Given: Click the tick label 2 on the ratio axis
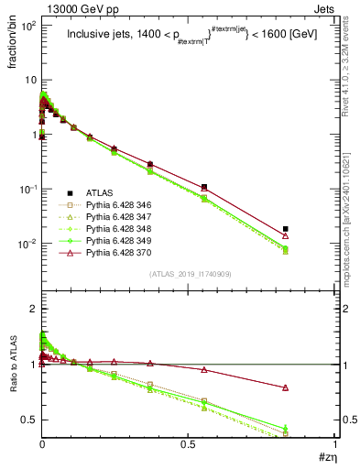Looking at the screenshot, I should click(x=33, y=310).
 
